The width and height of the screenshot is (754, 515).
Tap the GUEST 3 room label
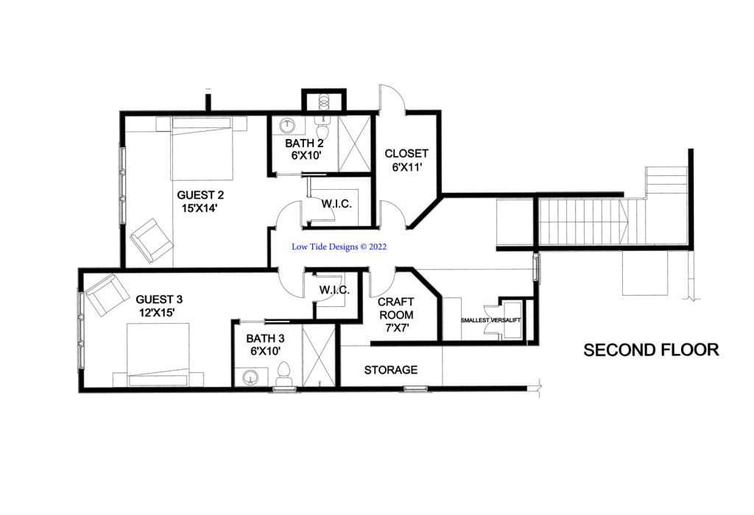click(x=159, y=305)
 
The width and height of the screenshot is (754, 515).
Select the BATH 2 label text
click(x=304, y=149)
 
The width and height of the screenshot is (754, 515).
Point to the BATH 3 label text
click(x=264, y=345)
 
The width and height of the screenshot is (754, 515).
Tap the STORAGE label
click(x=390, y=369)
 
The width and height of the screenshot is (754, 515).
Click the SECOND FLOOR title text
click(x=651, y=350)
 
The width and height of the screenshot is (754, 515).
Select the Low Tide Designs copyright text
click(x=339, y=248)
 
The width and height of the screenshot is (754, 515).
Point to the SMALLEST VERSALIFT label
click(x=487, y=320)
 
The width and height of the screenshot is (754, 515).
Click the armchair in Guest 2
click(x=152, y=240)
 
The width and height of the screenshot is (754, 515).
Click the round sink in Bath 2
click(x=289, y=125)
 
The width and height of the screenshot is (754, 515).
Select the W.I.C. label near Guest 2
click(x=337, y=203)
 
